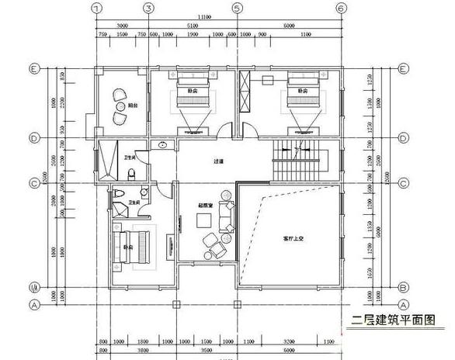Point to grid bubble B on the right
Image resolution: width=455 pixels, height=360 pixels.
click(x=403, y=286)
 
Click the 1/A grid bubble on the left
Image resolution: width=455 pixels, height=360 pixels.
click(x=33, y=286)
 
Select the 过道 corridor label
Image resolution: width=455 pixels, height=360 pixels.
click(x=219, y=161)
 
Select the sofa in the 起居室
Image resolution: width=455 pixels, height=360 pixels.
click(x=227, y=216)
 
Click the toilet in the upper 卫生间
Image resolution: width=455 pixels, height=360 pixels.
click(x=133, y=172)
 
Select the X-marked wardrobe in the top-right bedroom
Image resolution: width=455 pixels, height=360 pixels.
click(x=245, y=93)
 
